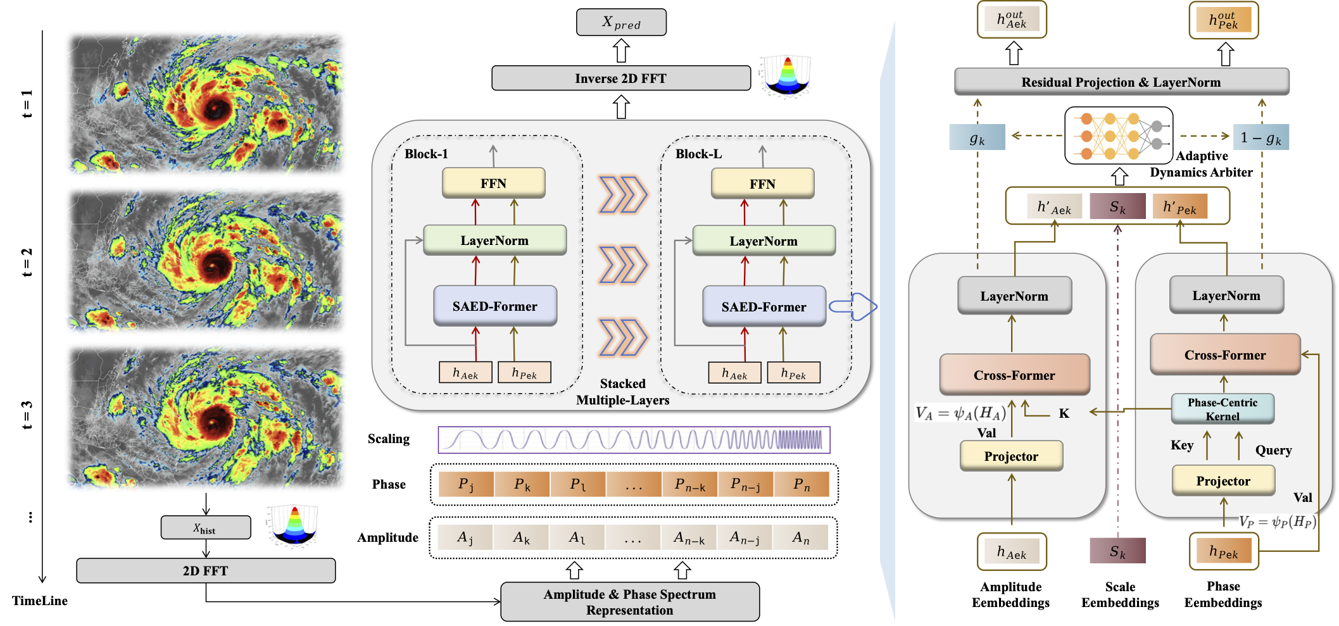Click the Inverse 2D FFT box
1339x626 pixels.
click(621, 78)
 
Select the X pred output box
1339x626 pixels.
click(621, 22)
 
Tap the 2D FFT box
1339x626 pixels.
click(206, 570)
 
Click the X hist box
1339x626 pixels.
click(206, 527)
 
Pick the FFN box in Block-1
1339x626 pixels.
click(493, 183)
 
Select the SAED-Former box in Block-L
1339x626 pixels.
click(764, 306)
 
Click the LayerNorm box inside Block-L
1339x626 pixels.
click(764, 241)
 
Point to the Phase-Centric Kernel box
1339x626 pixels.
click(1223, 409)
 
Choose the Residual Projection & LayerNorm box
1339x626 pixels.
click(1121, 82)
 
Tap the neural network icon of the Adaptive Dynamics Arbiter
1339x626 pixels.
click(1119, 135)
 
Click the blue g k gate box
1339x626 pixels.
click(977, 137)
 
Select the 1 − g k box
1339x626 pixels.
click(1260, 137)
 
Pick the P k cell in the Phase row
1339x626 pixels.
click(522, 484)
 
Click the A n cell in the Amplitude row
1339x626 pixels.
click(801, 537)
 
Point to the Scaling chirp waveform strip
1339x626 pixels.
click(634, 440)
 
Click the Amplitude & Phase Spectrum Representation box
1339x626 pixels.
click(630, 602)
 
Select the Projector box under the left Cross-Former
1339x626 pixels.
click(1011, 456)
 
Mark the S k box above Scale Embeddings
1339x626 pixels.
click(1117, 551)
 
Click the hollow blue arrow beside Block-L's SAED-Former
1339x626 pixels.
click(853, 307)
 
